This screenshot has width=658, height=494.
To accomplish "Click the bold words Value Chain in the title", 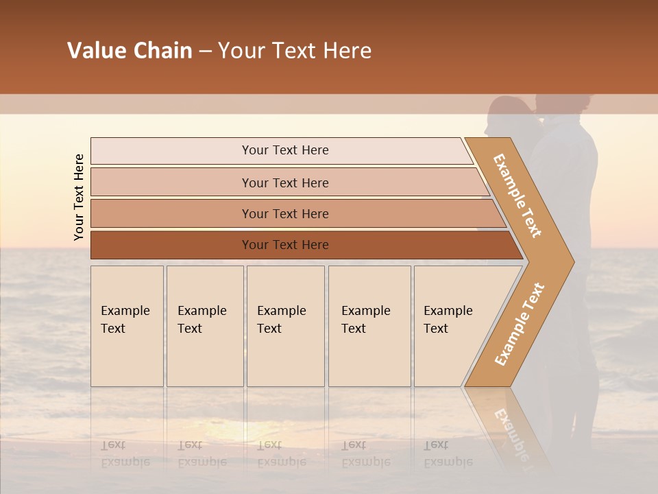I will click(130, 51).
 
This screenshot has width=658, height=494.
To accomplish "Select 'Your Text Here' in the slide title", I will click(295, 51).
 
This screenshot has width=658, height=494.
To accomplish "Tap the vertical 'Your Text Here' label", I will click(79, 197).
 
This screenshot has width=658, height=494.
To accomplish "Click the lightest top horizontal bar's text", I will click(285, 150).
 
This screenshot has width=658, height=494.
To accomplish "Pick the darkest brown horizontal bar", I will click(285, 245).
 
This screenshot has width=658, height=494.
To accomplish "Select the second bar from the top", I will click(285, 183).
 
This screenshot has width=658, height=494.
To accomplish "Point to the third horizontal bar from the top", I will click(285, 214).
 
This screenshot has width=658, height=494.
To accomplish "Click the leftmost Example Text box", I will click(127, 326).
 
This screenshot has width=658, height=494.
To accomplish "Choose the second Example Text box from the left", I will click(204, 326).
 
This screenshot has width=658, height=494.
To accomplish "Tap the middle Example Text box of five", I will click(285, 326).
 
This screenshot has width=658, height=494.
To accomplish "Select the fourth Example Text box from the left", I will click(369, 326).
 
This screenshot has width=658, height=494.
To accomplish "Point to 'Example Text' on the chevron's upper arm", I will click(517, 196).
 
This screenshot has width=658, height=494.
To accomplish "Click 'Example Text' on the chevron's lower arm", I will click(520, 324).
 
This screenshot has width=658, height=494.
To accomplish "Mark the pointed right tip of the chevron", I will click(572, 262).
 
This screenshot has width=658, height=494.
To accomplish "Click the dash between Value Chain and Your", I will click(205, 51).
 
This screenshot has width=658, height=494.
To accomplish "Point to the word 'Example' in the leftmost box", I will click(125, 311).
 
